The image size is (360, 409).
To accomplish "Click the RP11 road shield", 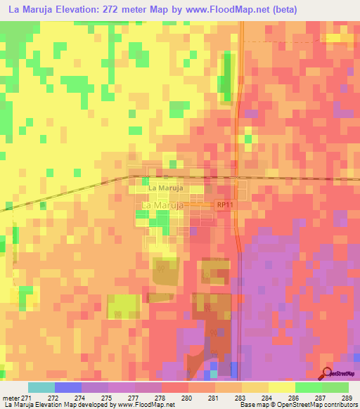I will (x=224, y=204).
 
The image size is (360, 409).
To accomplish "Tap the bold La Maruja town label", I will (x=166, y=189).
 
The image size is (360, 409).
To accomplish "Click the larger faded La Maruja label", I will (x=163, y=204).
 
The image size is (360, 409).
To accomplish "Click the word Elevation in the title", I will (x=77, y=10).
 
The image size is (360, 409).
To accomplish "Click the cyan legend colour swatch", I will (x=41, y=387).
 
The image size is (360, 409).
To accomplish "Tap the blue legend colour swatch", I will (x=67, y=387).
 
